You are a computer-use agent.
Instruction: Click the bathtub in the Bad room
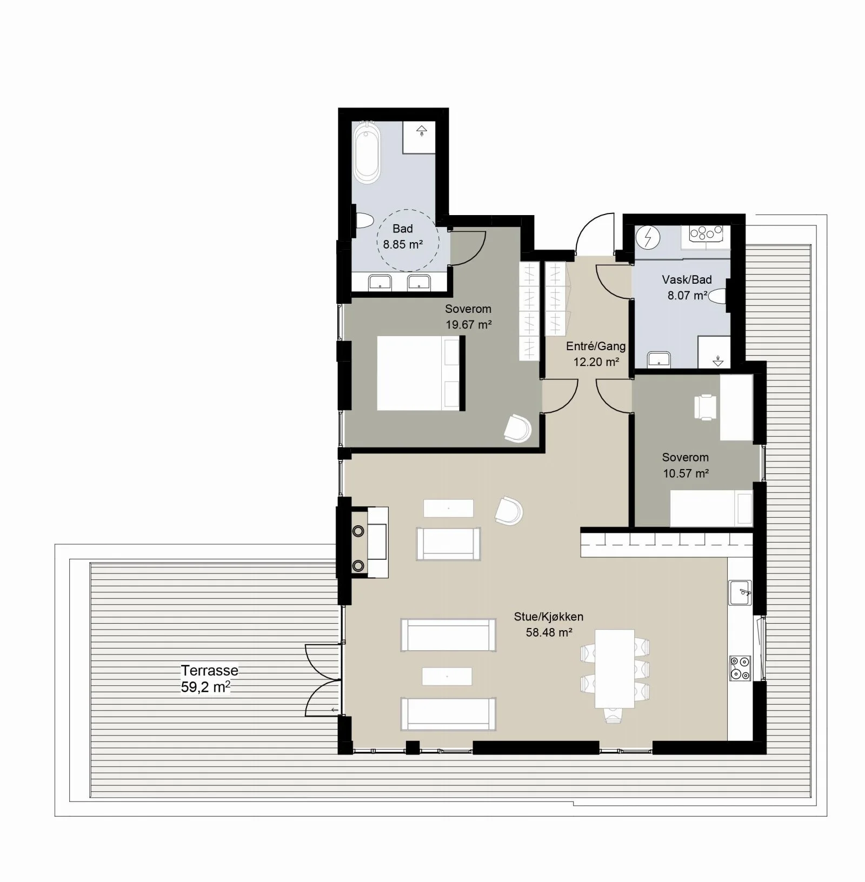[367, 151]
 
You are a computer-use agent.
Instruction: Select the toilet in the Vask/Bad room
[718, 296]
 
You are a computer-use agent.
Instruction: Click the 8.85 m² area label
[403, 244]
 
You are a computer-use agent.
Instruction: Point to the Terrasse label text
[210, 671]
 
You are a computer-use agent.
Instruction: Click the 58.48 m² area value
[549, 632]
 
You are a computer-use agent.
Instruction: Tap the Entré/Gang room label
[596, 346]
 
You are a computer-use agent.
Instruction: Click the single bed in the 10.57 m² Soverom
[711, 508]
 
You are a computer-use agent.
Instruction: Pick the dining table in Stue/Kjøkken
[615, 669]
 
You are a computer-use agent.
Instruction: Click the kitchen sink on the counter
[740, 592]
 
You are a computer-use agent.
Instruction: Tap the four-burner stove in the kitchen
[740, 668]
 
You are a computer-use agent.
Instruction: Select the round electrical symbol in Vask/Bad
[647, 237]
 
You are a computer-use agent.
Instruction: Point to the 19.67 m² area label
[469, 325]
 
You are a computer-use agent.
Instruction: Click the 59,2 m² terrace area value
[206, 687]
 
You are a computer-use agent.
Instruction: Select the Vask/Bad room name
[687, 279]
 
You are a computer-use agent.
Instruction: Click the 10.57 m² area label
[686, 473]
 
